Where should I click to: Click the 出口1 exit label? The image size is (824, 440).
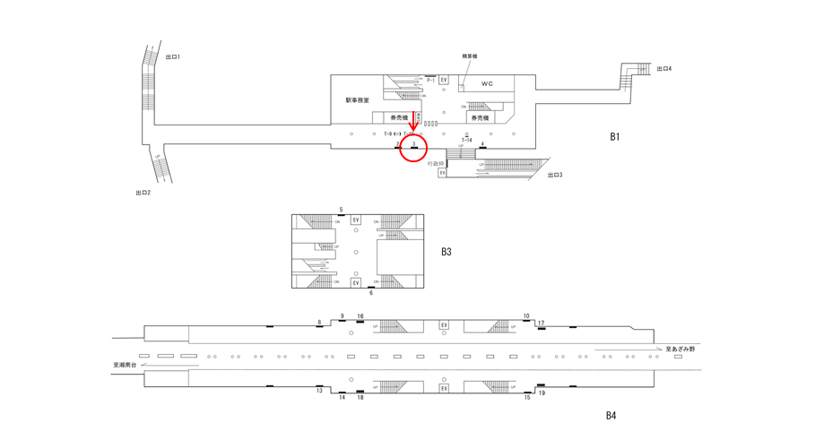(173, 57)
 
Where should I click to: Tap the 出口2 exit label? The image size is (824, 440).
(143, 193)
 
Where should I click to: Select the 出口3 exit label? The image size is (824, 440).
(555, 175)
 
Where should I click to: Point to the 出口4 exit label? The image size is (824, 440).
(664, 69)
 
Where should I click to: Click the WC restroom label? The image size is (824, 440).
(487, 84)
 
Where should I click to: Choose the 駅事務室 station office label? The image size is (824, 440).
(357, 100)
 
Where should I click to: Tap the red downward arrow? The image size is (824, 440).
(412, 122)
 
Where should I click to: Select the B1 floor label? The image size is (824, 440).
(614, 137)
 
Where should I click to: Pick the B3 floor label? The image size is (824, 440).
(446, 252)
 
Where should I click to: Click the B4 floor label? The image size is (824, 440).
(611, 415)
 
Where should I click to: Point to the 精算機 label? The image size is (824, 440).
(469, 56)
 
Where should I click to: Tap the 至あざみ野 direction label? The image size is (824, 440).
(680, 349)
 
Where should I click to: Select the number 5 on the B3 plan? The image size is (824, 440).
(341, 210)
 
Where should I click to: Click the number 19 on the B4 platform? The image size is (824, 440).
(542, 393)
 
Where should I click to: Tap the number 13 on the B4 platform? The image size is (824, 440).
(319, 391)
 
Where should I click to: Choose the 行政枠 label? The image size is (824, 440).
(436, 164)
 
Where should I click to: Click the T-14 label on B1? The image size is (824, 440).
(466, 141)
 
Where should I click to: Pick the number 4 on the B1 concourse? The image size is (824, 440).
(482, 143)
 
